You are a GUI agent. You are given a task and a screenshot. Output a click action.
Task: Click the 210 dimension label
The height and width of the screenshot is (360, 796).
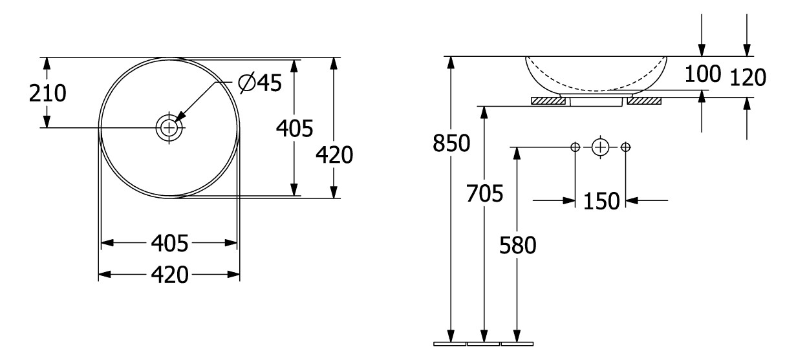(48, 93)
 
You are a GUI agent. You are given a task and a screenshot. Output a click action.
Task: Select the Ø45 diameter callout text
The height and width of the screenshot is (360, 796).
(260, 83)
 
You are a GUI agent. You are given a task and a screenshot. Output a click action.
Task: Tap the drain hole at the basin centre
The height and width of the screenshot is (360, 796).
(169, 127)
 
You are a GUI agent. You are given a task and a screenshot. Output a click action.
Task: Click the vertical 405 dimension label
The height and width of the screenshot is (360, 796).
(295, 128)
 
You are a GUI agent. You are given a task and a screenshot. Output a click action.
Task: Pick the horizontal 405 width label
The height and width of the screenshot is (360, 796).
(169, 243)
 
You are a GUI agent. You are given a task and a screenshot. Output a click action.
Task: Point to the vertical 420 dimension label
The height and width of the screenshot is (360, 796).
(334, 154)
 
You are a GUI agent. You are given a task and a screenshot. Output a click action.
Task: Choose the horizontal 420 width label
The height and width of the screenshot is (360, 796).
(169, 275)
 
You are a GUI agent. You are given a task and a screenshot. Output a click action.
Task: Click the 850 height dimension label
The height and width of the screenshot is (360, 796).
(451, 143)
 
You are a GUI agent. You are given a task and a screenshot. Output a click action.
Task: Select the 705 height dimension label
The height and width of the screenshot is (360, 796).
(485, 193)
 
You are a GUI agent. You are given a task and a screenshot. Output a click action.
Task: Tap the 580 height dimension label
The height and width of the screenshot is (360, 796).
(518, 246)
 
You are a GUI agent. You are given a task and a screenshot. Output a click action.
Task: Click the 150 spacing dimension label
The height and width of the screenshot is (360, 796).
(601, 201)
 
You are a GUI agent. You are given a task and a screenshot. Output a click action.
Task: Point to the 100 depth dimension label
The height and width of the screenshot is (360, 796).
(702, 74)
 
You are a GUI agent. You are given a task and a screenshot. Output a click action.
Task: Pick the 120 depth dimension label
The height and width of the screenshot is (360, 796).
(748, 78)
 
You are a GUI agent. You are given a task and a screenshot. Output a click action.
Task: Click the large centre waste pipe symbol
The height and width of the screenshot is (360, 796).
(600, 147)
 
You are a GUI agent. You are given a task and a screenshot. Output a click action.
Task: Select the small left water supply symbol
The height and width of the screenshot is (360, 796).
(575, 147)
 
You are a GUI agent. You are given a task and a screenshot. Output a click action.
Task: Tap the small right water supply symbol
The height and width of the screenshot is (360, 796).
(625, 147)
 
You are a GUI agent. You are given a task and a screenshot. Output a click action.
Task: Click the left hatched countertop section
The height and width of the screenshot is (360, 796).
(548, 101)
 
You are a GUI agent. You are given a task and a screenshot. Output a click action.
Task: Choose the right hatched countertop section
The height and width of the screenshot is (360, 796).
(644, 101)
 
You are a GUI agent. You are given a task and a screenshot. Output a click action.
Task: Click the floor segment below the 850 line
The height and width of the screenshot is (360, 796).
(450, 344)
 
